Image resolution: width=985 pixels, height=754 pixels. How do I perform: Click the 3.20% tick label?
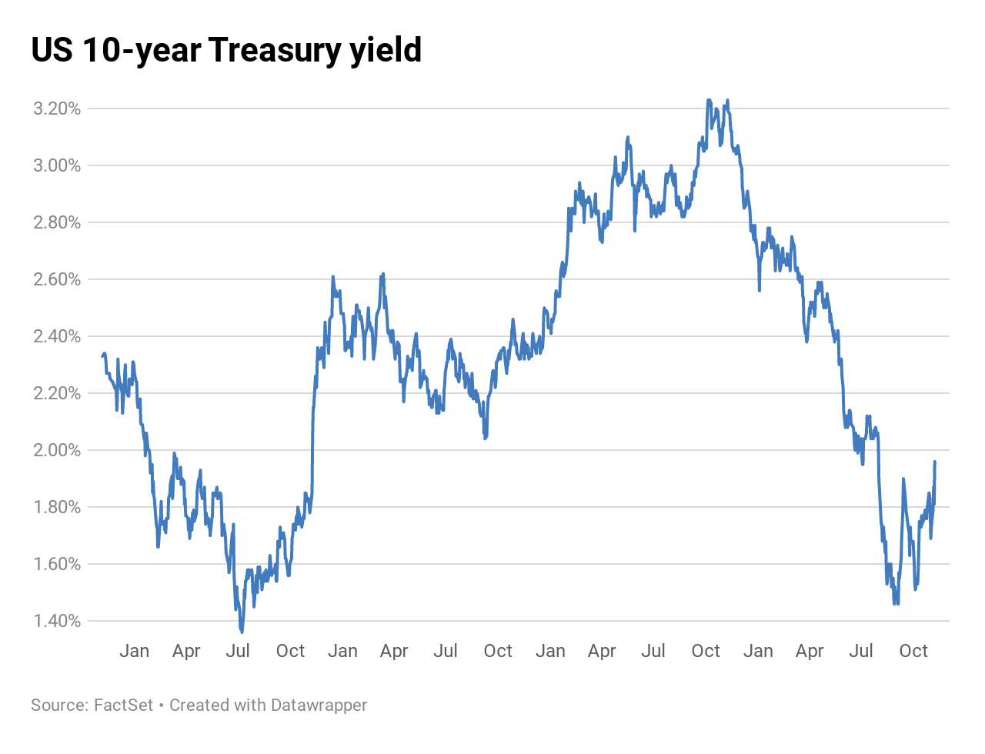(57, 108)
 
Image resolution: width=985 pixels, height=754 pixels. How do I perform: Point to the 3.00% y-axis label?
(57, 165)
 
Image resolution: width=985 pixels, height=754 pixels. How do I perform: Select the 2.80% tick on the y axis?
(57, 222)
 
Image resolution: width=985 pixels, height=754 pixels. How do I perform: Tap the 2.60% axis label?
(57, 279)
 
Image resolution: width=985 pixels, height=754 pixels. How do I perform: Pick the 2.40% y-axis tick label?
(57, 336)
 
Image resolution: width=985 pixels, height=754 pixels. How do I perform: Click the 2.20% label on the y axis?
(57, 393)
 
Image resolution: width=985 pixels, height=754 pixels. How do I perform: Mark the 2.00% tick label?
(57, 450)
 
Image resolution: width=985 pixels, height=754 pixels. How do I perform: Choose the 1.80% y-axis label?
(57, 507)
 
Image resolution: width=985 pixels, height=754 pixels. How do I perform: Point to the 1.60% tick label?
(57, 564)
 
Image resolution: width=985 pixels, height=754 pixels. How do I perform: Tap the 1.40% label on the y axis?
(57, 621)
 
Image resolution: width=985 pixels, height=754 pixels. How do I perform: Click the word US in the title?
(52, 51)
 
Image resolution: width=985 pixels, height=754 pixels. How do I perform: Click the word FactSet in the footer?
(123, 705)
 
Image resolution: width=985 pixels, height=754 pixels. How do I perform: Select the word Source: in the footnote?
(58, 705)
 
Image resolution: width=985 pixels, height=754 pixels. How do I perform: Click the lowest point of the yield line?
(242, 631)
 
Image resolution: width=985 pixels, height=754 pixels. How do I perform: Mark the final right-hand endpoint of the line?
(935, 462)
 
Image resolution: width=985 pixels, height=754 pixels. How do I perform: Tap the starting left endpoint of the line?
(102, 355)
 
